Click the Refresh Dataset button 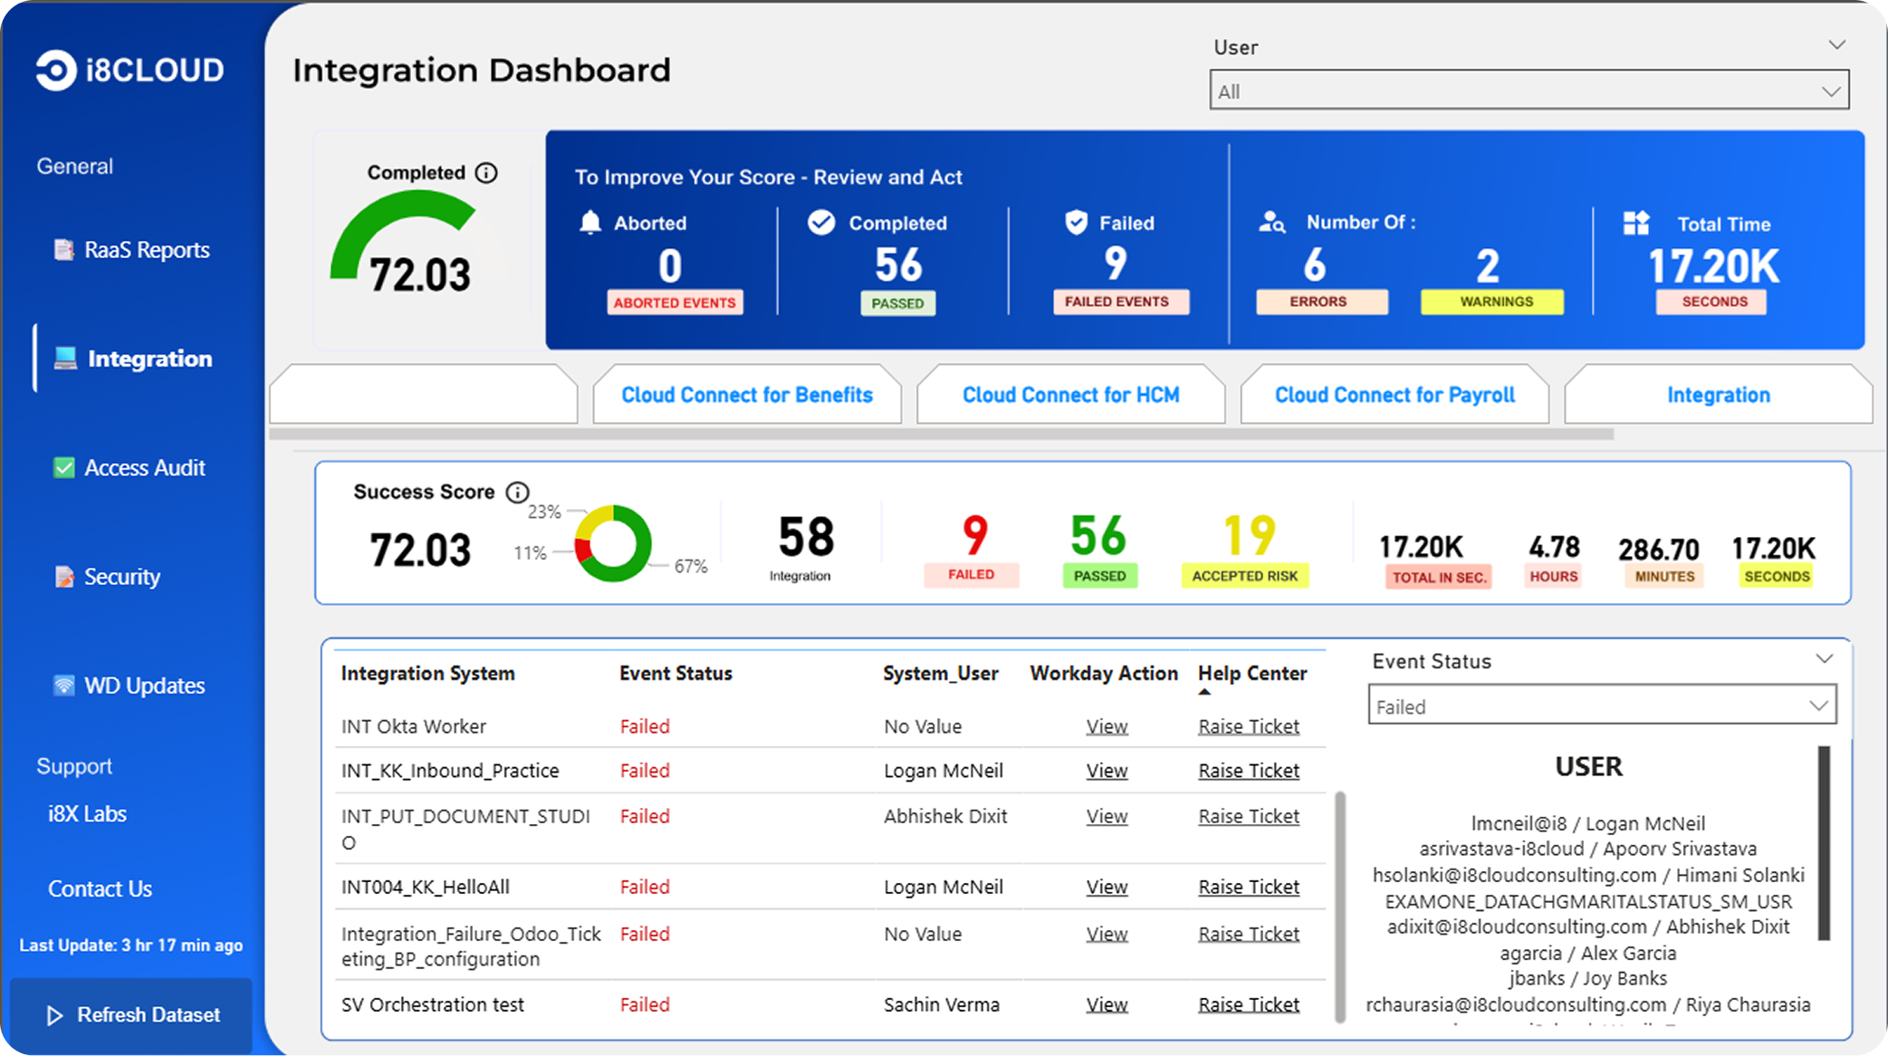(x=132, y=1014)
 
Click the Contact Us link (x=100, y=888)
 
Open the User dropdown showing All (x=1529, y=91)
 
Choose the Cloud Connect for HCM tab (x=1070, y=395)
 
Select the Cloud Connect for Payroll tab (x=1394, y=395)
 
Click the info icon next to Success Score (x=517, y=492)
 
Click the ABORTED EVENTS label (x=675, y=302)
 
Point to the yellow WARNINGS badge (x=1496, y=302)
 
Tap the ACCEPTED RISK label (x=1244, y=576)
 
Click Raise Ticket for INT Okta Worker (x=1249, y=726)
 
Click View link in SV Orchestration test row (x=1107, y=1004)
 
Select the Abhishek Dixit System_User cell (x=945, y=816)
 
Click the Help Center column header (x=1252, y=673)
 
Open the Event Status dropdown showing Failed (x=1601, y=706)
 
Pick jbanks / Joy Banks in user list (x=1587, y=978)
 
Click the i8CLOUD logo (x=130, y=70)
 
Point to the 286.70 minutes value (x=1658, y=549)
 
